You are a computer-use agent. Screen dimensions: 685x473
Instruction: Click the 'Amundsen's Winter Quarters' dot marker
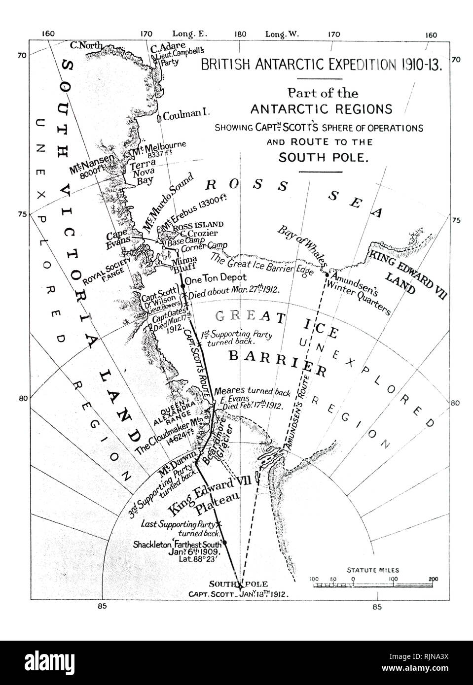click(x=327, y=274)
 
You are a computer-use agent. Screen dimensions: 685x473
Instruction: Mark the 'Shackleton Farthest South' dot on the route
click(x=225, y=543)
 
